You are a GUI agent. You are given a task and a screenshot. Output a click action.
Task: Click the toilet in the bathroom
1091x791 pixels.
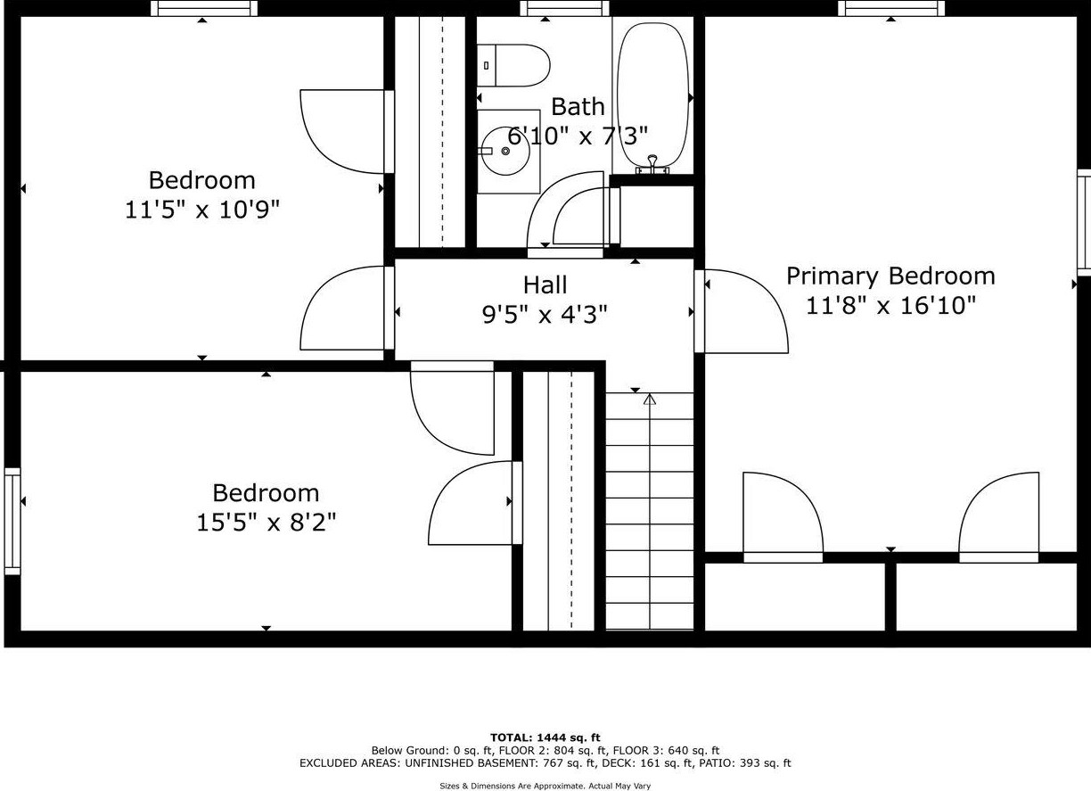click(x=513, y=65)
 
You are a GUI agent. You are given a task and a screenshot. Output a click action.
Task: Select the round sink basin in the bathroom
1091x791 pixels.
click(x=506, y=151)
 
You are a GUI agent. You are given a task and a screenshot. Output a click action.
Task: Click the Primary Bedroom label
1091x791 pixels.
click(x=890, y=276)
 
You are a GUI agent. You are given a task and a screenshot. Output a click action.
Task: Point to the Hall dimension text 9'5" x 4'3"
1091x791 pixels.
click(x=545, y=315)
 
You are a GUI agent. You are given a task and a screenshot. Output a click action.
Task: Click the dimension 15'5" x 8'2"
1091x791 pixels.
click(x=267, y=523)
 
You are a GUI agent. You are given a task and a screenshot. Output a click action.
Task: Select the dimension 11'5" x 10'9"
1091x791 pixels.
click(x=202, y=210)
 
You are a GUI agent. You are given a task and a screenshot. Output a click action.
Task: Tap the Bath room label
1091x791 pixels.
click(x=578, y=107)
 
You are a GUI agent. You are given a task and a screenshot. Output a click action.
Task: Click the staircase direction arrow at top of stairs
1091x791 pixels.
click(x=649, y=400)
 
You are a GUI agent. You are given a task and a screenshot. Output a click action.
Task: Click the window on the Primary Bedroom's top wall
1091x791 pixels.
click(x=890, y=8)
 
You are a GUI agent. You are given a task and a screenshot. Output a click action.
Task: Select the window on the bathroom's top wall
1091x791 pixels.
click(x=564, y=8)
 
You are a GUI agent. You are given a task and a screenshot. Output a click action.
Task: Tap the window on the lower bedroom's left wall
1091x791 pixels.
click(x=12, y=522)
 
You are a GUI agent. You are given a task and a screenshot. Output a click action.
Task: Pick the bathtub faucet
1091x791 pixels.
click(x=652, y=165)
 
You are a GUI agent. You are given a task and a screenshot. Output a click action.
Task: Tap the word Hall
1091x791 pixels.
click(x=545, y=285)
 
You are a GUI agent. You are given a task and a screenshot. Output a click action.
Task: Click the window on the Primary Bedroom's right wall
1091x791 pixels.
click(x=1084, y=223)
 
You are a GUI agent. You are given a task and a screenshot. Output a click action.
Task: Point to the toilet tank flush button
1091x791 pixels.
click(x=486, y=65)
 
